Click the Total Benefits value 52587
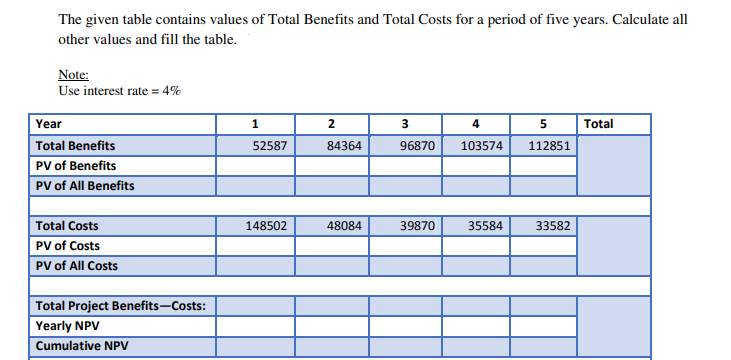(271, 145)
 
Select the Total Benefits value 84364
(345, 145)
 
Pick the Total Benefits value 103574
(483, 145)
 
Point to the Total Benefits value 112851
(551, 145)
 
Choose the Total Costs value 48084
(345, 226)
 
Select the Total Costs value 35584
(486, 226)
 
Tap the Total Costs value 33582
(554, 226)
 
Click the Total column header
(599, 124)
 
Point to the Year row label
(49, 124)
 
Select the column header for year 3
(404, 124)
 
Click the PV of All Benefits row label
(85, 185)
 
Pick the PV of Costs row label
(68, 246)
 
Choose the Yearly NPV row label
(65, 326)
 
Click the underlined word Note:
(74, 74)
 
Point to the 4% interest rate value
(171, 91)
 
